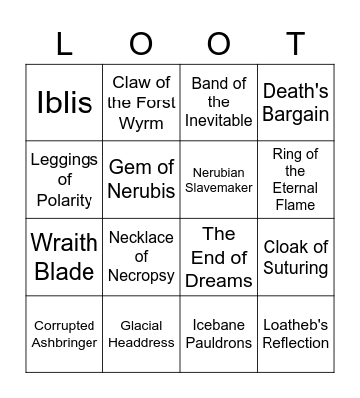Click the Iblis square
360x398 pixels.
pos(65,102)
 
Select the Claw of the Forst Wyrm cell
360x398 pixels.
pos(141,102)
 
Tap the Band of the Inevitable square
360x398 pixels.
pos(218,102)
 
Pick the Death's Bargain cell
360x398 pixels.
pos(295,102)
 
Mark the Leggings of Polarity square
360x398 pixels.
pos(65,180)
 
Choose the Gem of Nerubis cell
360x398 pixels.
pos(141,180)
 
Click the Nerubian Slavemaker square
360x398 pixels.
pos(218,180)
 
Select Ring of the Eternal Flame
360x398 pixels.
pos(295,180)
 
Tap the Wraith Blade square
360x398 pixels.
pos(65,257)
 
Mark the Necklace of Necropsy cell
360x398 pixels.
pos(141,257)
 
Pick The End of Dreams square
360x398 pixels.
pos(218,257)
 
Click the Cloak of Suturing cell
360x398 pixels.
pos(295,257)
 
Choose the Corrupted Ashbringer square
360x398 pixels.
pos(65,334)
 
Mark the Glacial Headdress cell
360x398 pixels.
pos(141,334)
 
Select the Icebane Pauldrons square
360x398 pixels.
pos(218,334)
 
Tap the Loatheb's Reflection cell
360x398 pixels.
pos(295,334)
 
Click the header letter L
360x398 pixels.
pos(65,43)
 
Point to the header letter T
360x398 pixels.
pos(295,43)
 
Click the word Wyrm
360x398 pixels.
pos(141,122)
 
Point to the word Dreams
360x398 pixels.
pos(218,280)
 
